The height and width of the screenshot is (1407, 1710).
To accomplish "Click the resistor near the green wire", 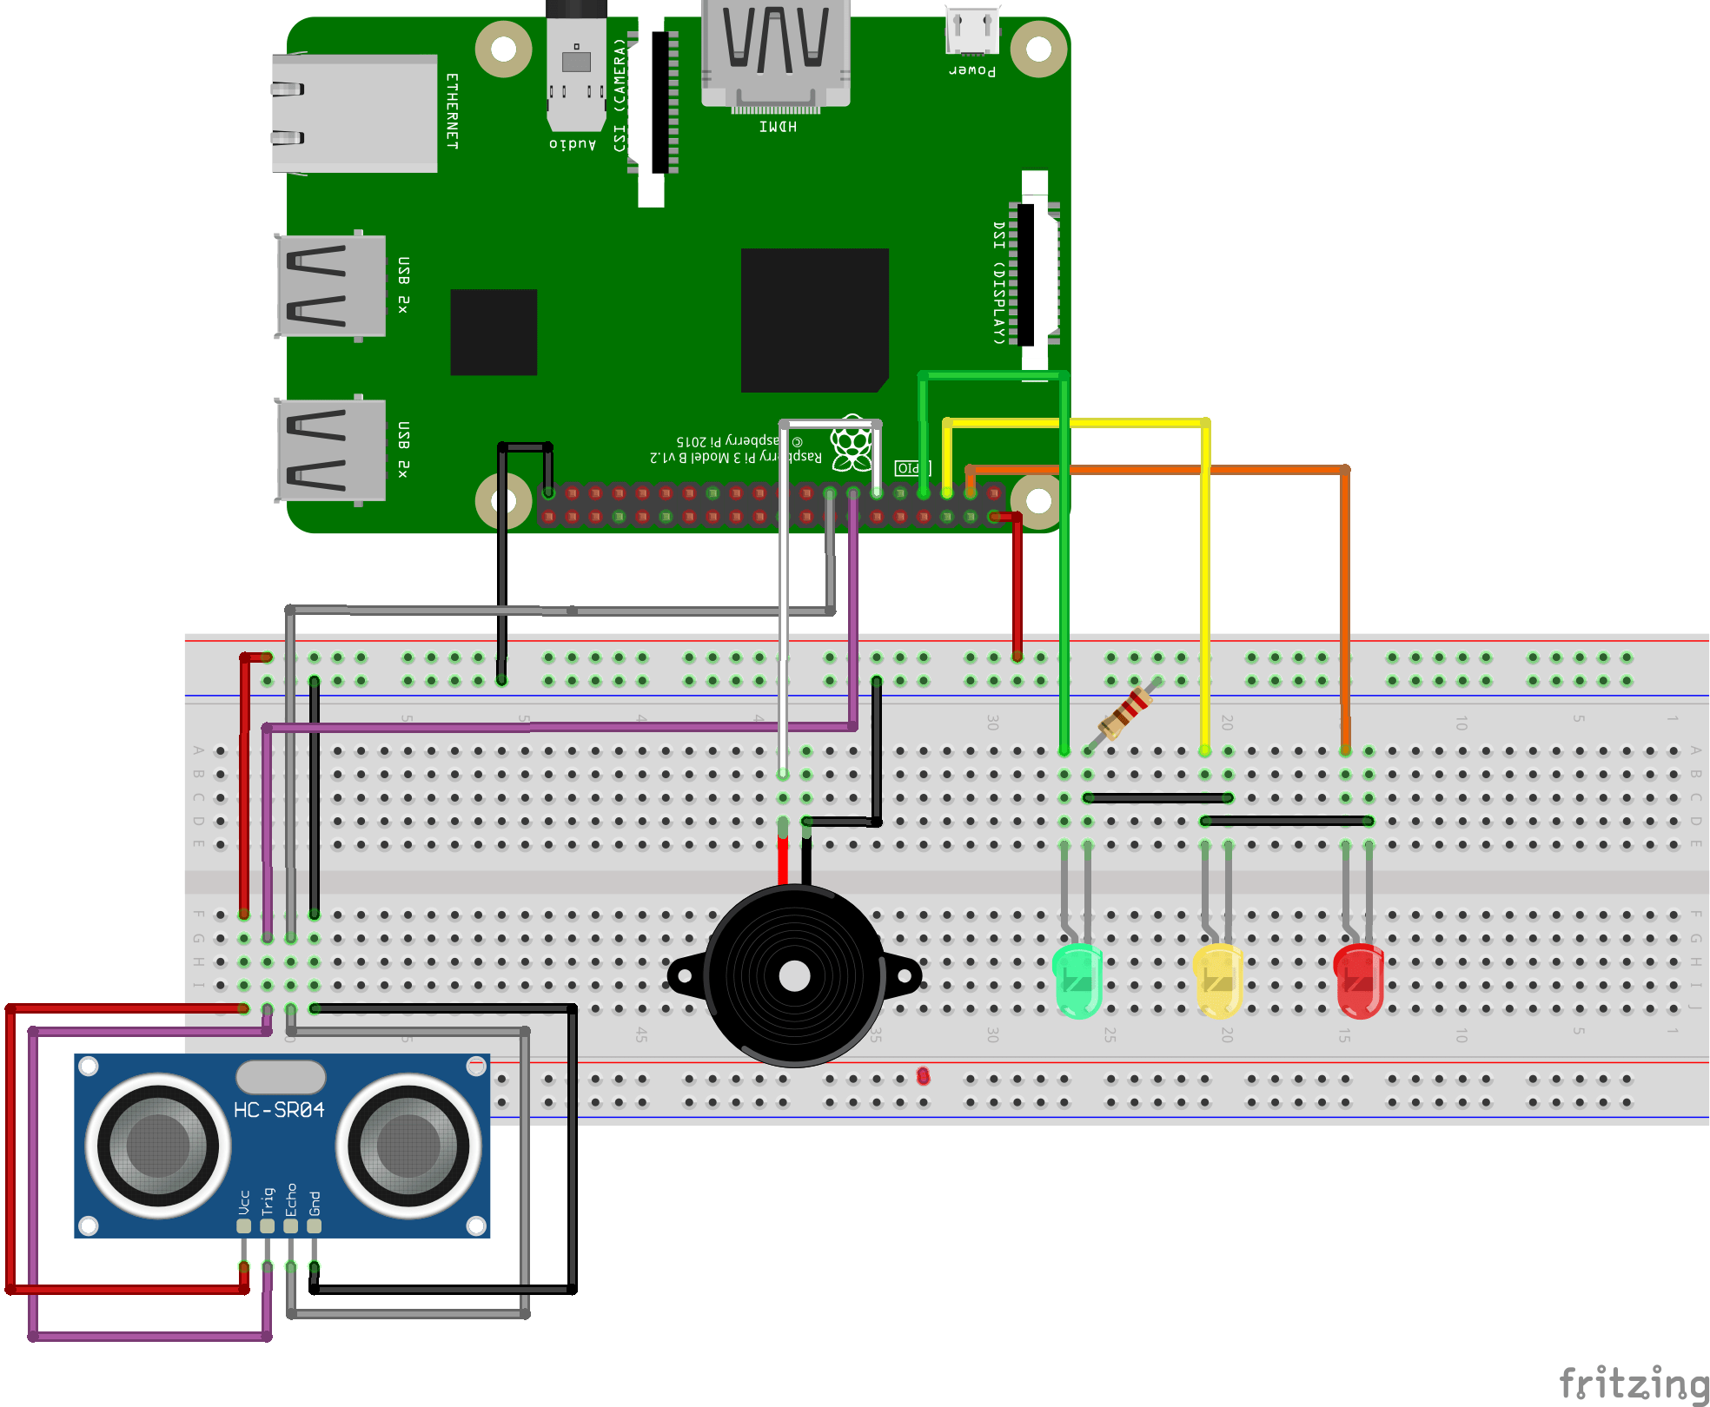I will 1126,711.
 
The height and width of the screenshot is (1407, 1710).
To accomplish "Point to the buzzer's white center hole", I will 794,976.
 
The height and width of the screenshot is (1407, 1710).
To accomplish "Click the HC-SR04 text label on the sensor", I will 279,1110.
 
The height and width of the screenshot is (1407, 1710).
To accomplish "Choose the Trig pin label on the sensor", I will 268,1200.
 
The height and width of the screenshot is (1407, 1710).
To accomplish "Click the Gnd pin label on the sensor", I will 315,1202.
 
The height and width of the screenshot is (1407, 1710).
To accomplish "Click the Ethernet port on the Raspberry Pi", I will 355,113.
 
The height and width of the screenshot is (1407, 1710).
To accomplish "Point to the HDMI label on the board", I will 778,127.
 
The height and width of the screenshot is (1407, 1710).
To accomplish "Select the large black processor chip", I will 814,320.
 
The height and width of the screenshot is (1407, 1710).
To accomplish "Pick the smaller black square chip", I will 494,332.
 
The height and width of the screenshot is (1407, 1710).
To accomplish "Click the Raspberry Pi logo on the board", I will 851,443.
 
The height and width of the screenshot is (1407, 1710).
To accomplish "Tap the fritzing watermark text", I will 1634,1383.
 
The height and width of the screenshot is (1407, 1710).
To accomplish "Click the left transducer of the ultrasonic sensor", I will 158,1145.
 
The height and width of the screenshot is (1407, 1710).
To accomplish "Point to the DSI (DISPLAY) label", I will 999,283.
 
